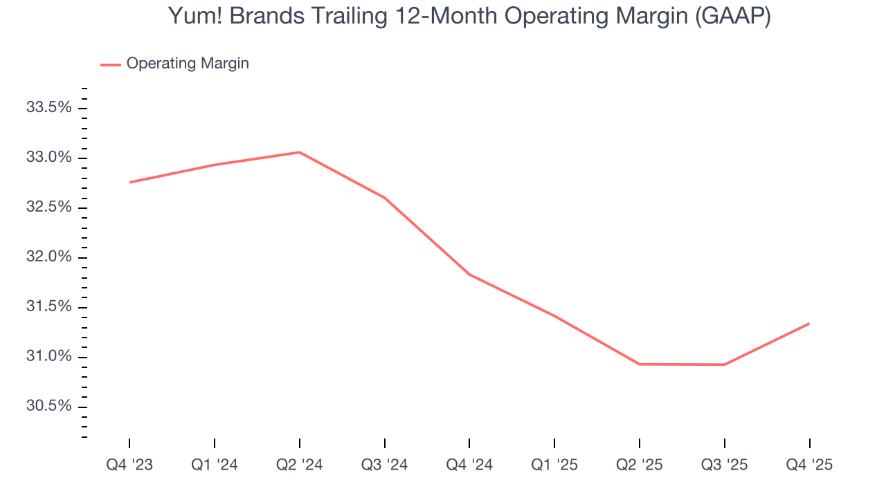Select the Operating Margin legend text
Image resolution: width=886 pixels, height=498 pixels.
[188, 64]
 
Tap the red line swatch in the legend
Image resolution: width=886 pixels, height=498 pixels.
[111, 64]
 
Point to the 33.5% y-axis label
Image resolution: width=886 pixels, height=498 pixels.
[48, 108]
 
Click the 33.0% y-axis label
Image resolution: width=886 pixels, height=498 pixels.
[48, 158]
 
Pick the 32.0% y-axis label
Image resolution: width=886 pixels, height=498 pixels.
[48, 257]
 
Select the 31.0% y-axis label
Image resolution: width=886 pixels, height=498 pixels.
[48, 357]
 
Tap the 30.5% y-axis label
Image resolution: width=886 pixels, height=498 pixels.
[48, 406]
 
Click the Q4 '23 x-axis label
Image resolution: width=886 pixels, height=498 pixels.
[129, 465]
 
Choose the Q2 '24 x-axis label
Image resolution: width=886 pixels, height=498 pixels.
[300, 465]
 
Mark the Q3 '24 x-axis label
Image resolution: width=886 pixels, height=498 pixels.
[385, 465]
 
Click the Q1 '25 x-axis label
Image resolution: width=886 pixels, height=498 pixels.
[554, 465]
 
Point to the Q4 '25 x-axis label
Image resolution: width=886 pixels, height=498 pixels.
[809, 465]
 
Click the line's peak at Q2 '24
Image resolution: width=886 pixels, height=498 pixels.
[300, 152]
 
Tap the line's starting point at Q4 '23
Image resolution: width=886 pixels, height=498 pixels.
[130, 182]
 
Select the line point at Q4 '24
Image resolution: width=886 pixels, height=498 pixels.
[470, 275]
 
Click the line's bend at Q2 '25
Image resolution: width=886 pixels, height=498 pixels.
[640, 364]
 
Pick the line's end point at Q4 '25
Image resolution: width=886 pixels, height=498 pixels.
[808, 323]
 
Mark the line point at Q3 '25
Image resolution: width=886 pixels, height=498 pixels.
[724, 365]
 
